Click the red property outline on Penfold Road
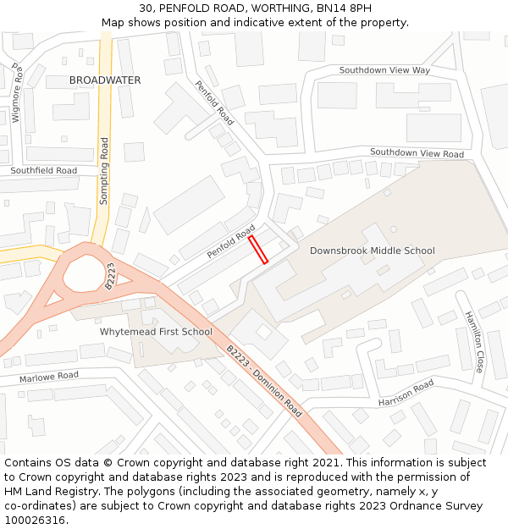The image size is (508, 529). pos(258,250)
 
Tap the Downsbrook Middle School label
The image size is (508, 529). pos(372,251)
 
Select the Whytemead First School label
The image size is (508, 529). pos(156,332)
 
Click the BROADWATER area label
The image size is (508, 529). pos(105,80)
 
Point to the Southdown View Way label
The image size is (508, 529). pos(384,70)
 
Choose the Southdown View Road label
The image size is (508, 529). pos(417,153)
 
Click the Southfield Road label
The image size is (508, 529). pos(43,171)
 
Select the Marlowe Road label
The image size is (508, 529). pos(49,375)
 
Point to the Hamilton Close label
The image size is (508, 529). pos(472,342)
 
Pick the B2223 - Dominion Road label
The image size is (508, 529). pos(263,381)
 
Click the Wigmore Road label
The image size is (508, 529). pos(15,93)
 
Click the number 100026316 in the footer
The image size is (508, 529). pos(35,521)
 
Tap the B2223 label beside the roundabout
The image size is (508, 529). pos(110,277)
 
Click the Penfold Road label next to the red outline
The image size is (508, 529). pos(231,242)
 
